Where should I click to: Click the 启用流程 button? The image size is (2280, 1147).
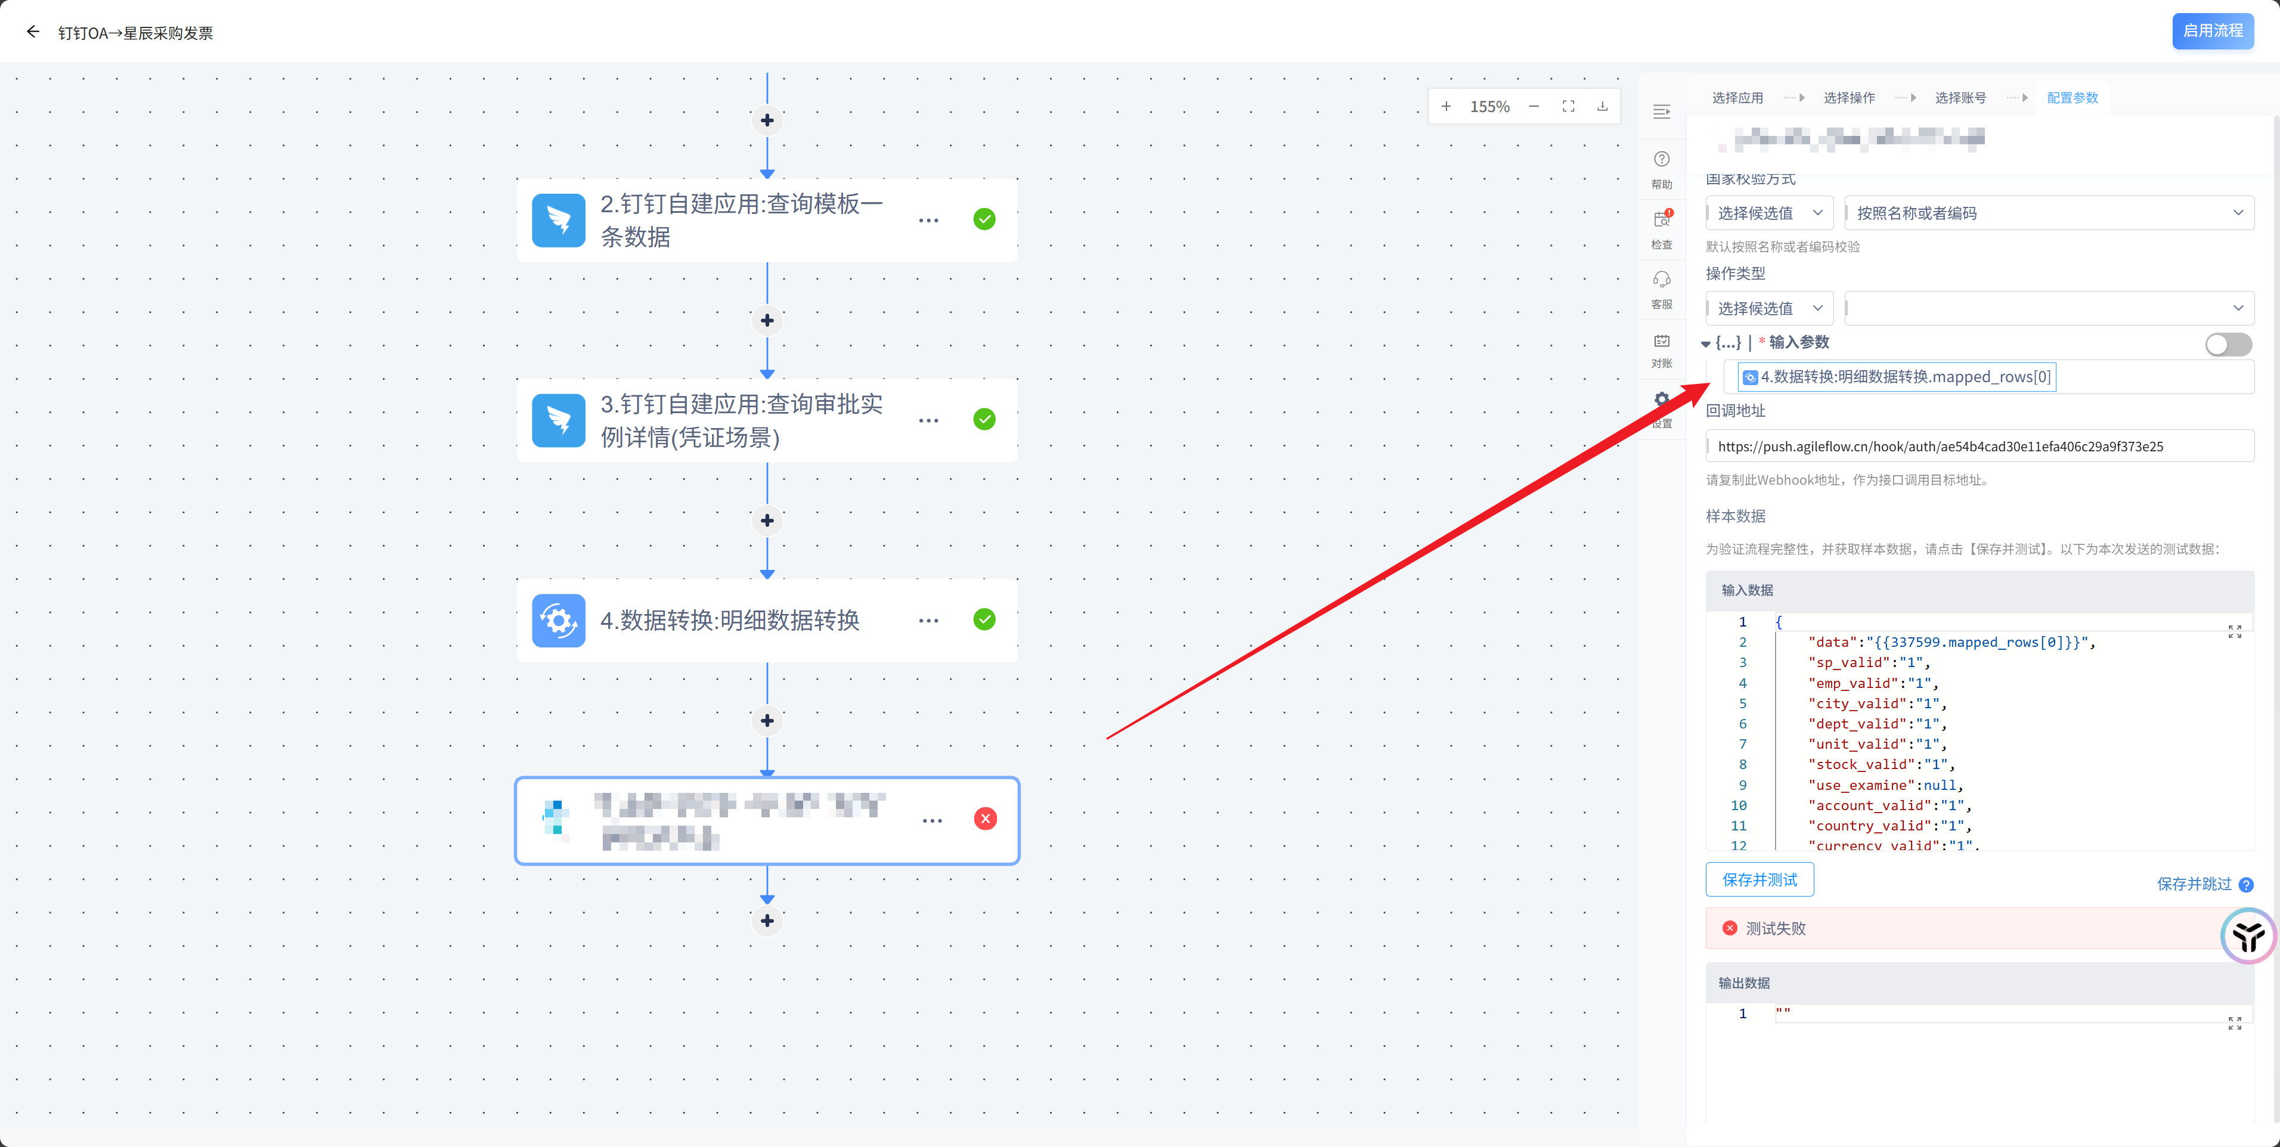point(2212,31)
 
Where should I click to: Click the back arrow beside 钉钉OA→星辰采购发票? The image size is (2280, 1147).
point(33,32)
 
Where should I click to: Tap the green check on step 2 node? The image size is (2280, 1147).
point(984,219)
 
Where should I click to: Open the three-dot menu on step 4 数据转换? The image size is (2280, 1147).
point(928,621)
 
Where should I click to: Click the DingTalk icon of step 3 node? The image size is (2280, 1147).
point(559,420)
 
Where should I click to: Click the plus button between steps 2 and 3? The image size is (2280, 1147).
point(767,320)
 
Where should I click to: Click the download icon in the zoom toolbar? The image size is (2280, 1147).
point(1602,106)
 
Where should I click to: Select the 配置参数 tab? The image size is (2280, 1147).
point(2072,97)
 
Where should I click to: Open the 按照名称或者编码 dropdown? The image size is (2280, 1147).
point(2048,213)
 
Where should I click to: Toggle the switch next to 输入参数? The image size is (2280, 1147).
point(2228,344)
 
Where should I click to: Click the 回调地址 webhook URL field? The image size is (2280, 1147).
point(1979,446)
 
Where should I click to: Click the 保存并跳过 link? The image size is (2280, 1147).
point(2194,883)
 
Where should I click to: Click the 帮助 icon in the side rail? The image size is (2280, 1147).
point(1661,160)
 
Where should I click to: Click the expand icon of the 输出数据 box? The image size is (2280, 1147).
point(2234,1023)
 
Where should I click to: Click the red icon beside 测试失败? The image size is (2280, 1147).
point(1730,928)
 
